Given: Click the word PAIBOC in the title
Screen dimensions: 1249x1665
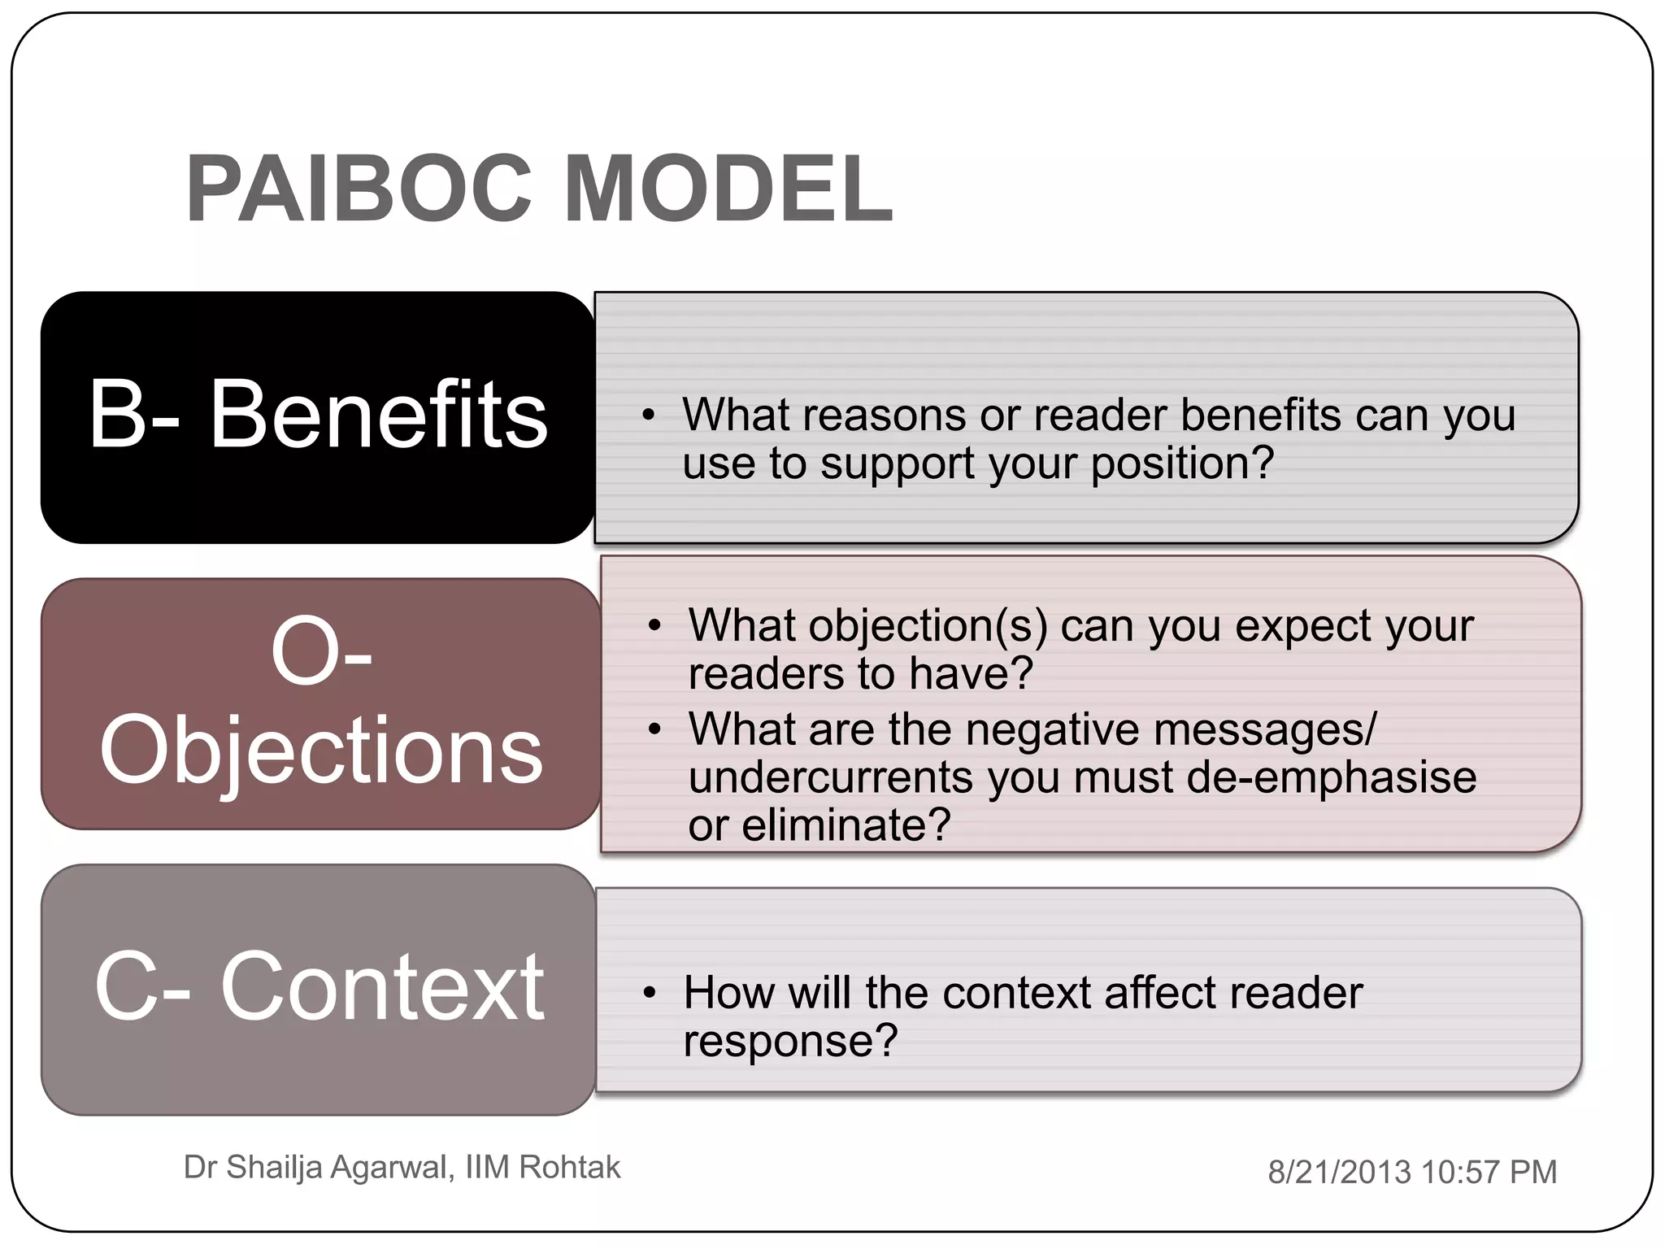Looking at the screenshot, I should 359,189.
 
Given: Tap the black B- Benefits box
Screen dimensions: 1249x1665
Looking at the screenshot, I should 317,416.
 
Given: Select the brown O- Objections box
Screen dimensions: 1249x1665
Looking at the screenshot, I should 320,703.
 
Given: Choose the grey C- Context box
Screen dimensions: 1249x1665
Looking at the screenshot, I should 318,989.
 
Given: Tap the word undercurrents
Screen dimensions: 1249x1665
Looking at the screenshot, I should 830,777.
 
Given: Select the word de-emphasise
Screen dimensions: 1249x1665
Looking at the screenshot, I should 1332,777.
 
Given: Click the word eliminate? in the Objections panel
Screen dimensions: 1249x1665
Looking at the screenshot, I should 846,825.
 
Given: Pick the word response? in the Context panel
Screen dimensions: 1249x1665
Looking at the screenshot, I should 790,1041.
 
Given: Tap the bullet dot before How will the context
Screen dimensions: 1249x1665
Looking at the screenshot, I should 648,994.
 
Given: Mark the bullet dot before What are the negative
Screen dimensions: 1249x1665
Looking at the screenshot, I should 654,729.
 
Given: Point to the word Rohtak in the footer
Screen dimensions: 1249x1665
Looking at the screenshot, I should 569,1168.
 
